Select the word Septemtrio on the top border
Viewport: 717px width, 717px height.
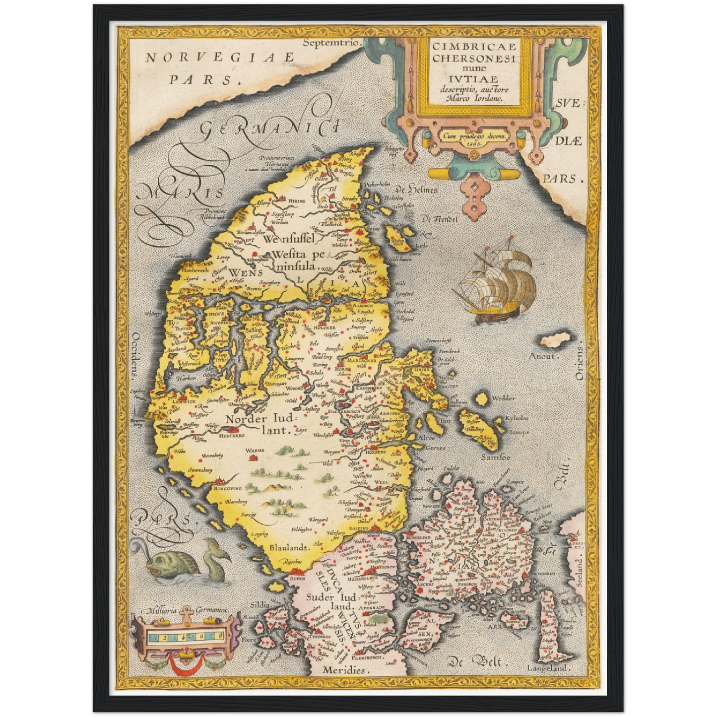tap(330, 43)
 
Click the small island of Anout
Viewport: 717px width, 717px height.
tap(554, 341)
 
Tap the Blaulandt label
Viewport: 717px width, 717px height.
tap(289, 547)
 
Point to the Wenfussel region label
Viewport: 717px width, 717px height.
tap(290, 239)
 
